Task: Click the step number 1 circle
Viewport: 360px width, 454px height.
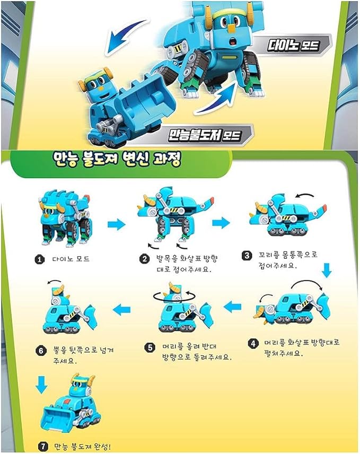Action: (x=39, y=260)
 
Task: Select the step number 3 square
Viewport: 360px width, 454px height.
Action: (x=247, y=256)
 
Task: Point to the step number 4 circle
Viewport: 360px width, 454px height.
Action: (x=254, y=343)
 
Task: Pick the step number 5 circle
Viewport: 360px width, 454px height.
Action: (x=151, y=347)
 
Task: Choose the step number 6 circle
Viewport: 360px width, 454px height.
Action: (x=39, y=350)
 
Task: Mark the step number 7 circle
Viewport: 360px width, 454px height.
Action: (x=44, y=447)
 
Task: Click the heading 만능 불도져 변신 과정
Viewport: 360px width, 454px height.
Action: (x=117, y=159)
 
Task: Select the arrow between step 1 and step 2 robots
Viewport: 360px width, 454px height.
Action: (x=116, y=225)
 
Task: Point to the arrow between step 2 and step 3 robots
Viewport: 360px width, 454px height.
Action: (x=221, y=222)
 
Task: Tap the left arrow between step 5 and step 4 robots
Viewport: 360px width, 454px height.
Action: (x=232, y=306)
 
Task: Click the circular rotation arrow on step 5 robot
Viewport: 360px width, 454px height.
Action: (x=173, y=294)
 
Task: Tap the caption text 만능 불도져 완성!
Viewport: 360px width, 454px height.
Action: (x=84, y=447)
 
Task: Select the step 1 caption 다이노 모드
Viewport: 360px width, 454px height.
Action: (x=72, y=260)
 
